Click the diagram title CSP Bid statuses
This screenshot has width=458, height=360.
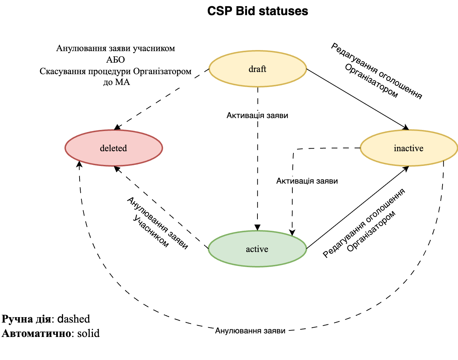pos(257,11)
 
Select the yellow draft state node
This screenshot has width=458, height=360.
pos(257,69)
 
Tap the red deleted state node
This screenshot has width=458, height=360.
pos(113,148)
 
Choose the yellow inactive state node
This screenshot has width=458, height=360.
pos(409,148)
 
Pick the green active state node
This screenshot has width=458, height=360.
pos(257,249)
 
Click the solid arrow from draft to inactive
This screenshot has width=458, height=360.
pos(356,98)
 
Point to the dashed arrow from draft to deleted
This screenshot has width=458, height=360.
pos(162,99)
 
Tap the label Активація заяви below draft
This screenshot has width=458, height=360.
pos(257,116)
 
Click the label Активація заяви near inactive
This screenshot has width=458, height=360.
pos(307,181)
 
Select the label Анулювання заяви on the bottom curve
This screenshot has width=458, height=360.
pos(250,331)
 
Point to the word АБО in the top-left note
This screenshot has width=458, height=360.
pos(116,59)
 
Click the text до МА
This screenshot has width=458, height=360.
pos(116,82)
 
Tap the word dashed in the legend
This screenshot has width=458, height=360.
pos(74,319)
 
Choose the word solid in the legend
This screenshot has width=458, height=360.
pos(88,333)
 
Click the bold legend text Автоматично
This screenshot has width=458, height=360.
pos(36,333)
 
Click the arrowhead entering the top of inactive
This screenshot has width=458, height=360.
pos(407,127)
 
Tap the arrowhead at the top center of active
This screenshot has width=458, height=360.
pos(257,228)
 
